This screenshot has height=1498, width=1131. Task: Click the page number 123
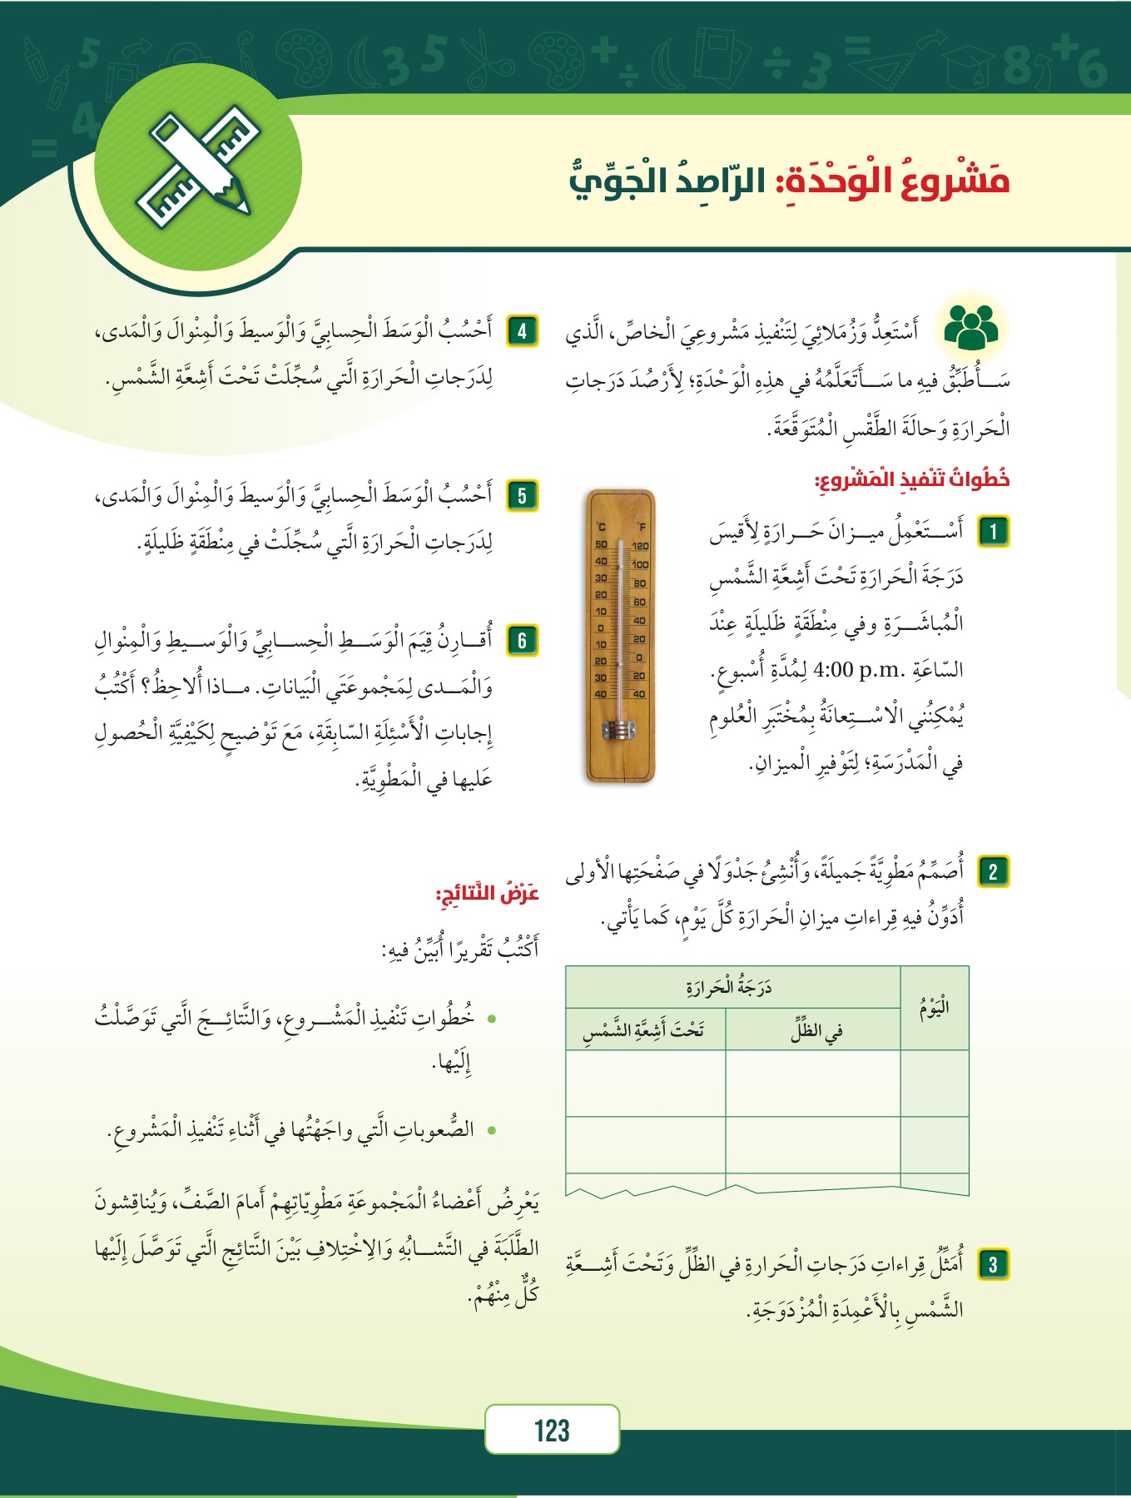[552, 1431]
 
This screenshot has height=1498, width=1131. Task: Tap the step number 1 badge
[993, 532]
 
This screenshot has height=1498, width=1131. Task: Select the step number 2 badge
[993, 871]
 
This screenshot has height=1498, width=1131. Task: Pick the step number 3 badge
[993, 1264]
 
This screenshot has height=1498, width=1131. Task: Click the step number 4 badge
[522, 331]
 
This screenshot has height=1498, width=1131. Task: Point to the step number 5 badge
[522, 496]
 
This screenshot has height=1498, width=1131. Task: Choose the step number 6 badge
[522, 640]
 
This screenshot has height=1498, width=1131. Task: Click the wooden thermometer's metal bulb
[619, 731]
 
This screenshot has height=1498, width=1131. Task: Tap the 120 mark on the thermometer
[640, 547]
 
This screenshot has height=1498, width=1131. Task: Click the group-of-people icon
[971, 327]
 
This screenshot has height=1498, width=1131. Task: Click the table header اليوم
[935, 1009]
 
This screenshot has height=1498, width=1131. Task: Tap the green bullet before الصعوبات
[492, 1129]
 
